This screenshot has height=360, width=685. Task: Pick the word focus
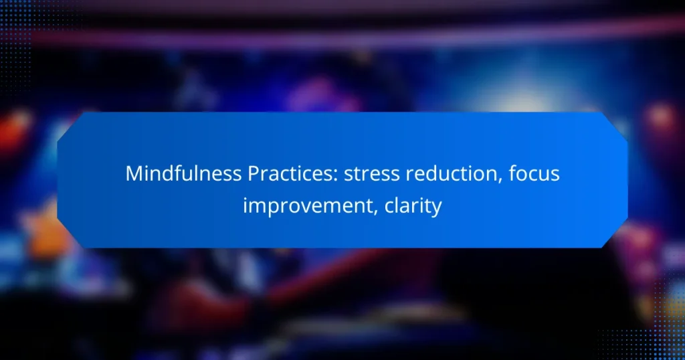point(532,175)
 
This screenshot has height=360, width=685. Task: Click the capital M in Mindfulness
point(133,175)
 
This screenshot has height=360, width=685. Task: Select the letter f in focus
point(510,175)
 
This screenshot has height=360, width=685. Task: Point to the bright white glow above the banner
point(495,94)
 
